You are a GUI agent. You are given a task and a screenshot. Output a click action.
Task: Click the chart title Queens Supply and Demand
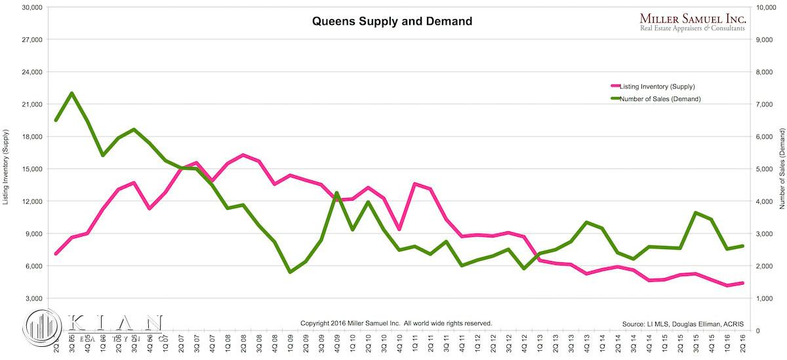coord(392,21)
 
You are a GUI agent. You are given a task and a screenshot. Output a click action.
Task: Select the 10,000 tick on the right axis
coord(768,7)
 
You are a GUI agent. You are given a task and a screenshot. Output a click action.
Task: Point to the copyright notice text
coord(396,323)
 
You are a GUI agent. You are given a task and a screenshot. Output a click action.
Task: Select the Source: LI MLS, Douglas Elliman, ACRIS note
coord(686,323)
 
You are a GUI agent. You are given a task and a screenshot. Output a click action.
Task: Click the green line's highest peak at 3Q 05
coord(71,93)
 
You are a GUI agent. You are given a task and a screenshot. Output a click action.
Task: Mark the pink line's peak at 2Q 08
coord(243,155)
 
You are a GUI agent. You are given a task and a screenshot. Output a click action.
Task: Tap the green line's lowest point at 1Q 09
coord(290,272)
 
